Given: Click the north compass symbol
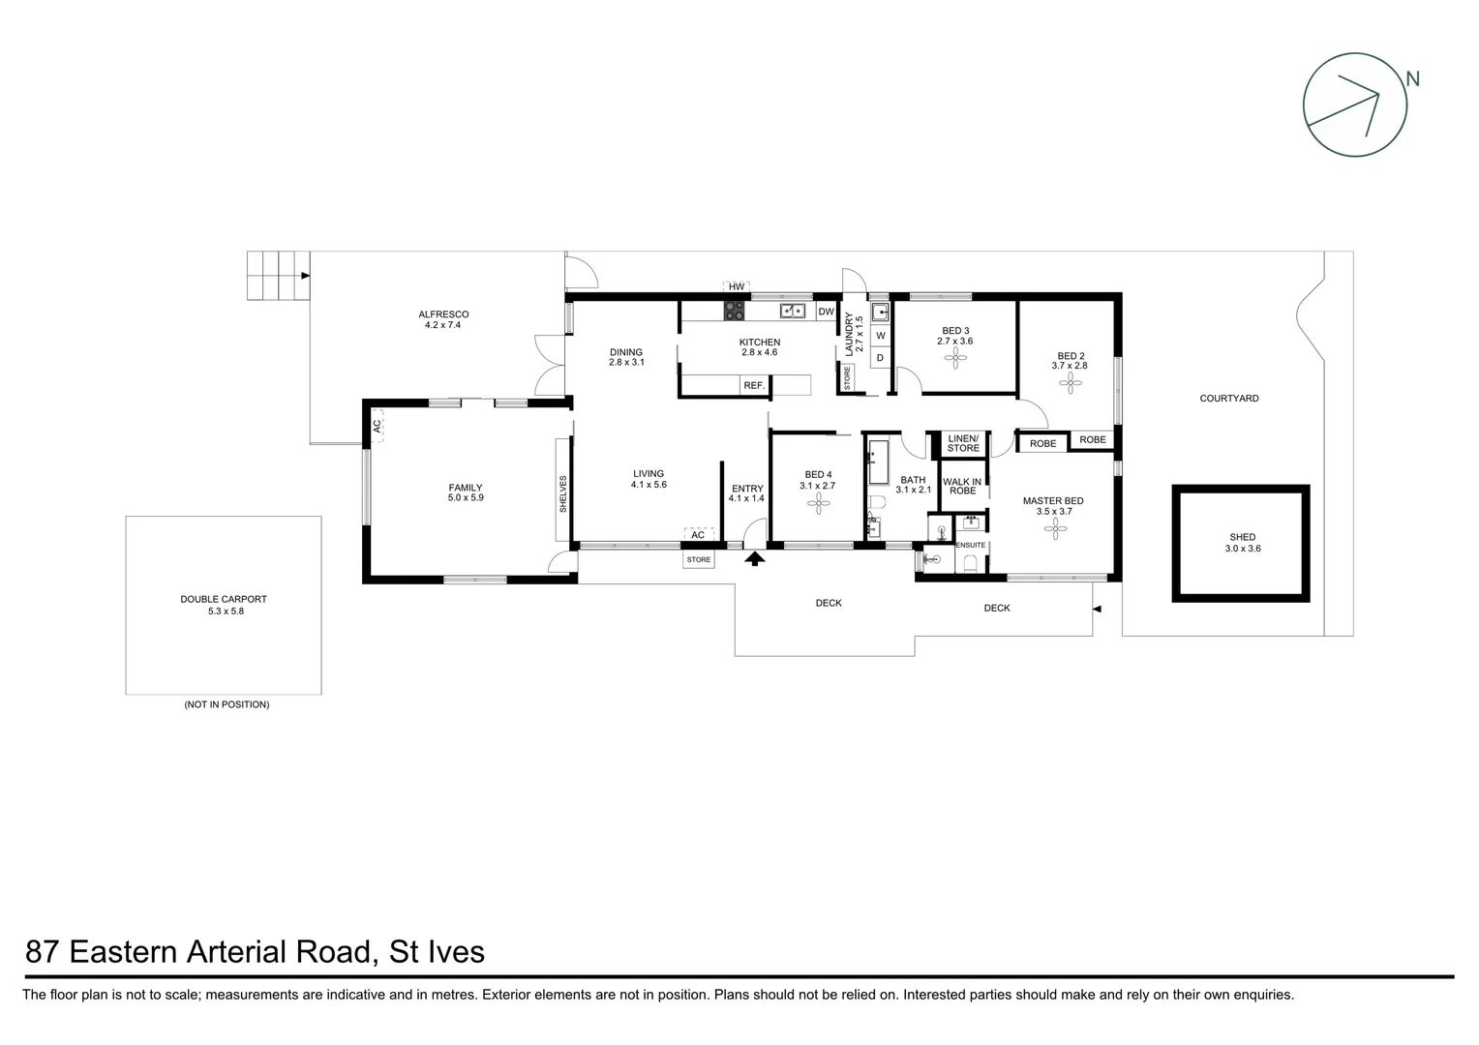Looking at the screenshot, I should (1354, 104).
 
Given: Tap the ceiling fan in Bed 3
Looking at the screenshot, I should (955, 359).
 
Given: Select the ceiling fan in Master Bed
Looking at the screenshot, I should (1059, 526).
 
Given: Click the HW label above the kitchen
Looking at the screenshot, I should (737, 287).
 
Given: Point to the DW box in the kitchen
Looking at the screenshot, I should (826, 312).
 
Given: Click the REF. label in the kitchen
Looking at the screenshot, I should (754, 386).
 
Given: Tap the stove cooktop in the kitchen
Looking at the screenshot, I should (735, 312).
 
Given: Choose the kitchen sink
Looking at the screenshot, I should (794, 312).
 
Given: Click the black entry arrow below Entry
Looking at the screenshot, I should (754, 557).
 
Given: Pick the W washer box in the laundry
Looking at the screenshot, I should (880, 336).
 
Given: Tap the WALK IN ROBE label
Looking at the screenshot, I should (962, 486).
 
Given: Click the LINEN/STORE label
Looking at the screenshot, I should (963, 444).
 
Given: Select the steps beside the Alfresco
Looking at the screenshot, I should (276, 276).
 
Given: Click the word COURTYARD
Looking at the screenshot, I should (1228, 399).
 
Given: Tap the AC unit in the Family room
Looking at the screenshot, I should (377, 425).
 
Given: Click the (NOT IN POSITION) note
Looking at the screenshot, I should (226, 704).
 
